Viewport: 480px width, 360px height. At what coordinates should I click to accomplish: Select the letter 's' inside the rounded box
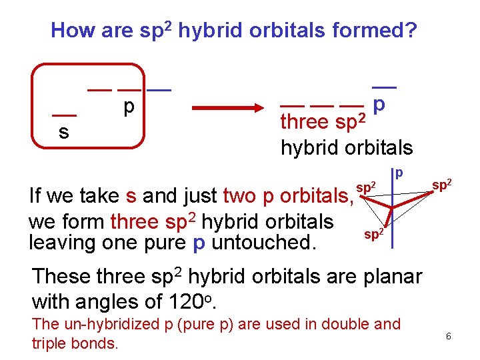[x=63, y=132]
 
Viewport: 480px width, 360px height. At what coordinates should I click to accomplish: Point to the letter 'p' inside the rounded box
[x=129, y=107]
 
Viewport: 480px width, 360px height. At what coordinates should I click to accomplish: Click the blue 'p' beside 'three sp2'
[x=379, y=105]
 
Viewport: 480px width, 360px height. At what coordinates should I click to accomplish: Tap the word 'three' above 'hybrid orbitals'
[x=305, y=122]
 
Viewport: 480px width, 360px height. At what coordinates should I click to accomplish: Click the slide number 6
[x=449, y=337]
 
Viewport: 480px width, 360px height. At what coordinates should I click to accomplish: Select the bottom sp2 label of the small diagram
[x=373, y=234]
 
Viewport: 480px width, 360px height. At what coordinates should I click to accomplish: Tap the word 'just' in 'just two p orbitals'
[x=200, y=197]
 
